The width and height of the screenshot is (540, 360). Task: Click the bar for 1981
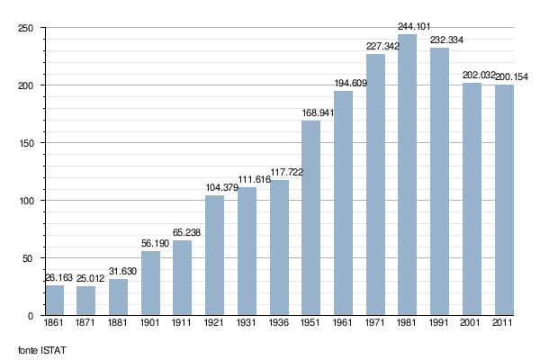coord(408,175)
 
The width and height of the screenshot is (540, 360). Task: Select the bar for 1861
coord(55,300)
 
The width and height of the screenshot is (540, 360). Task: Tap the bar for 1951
coord(311,218)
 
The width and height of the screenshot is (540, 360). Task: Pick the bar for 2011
coord(504,200)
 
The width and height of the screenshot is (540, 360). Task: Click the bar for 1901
coord(150,283)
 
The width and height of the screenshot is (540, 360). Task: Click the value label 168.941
coord(311,113)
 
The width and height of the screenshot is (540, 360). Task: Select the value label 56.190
coord(150,243)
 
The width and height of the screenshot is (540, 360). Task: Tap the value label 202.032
coord(472,75)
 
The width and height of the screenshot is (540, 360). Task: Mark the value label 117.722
coord(279,172)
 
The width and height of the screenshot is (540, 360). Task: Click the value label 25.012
coord(86,279)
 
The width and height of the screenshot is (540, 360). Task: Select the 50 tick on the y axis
coord(28,258)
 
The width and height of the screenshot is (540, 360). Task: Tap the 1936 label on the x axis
coord(279,321)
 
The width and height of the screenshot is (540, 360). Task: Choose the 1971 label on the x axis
coord(375,321)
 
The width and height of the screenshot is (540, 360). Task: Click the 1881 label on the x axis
coord(119,321)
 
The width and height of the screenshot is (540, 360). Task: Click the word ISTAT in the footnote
coord(55,348)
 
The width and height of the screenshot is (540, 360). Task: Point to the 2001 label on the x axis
coord(472,321)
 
